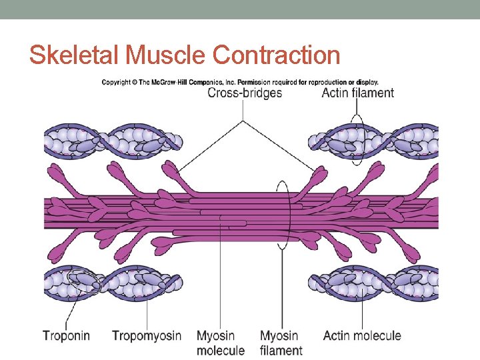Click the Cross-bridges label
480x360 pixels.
(x=245, y=93)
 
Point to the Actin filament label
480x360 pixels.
(x=357, y=93)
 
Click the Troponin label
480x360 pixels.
(x=66, y=335)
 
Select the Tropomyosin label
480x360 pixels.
(x=147, y=335)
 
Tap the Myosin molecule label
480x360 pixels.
(x=221, y=342)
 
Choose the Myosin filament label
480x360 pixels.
(x=281, y=342)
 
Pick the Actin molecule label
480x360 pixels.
(x=362, y=335)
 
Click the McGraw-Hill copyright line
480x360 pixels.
(x=240, y=82)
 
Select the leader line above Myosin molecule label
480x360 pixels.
(x=221, y=280)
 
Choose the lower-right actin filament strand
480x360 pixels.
(x=373, y=283)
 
